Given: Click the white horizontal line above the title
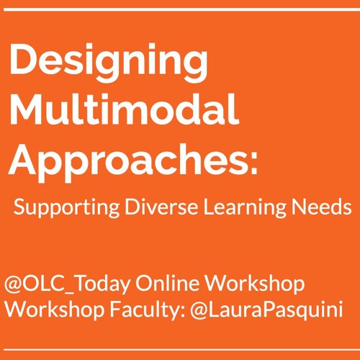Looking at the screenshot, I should pos(180,9).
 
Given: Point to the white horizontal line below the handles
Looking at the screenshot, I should pos(180,351).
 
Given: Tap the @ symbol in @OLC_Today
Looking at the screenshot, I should pos(14,282).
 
